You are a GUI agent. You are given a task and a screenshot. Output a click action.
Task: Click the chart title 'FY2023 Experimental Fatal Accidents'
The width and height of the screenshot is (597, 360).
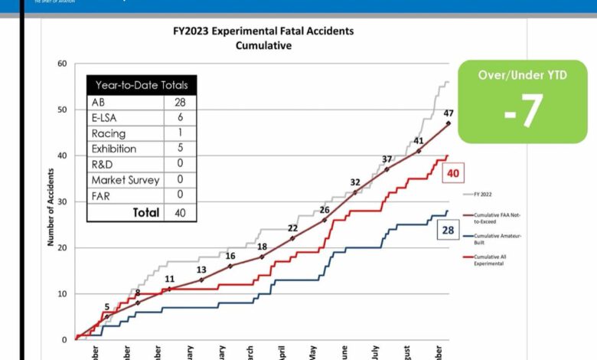(x=263, y=32)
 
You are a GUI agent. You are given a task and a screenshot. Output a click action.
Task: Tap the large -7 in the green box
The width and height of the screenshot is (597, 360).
(x=524, y=110)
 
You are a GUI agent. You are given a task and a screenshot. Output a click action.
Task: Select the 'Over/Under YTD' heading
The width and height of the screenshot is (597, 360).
(x=524, y=77)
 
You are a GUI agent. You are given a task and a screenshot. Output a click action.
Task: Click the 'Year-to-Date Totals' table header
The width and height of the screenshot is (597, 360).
(x=142, y=85)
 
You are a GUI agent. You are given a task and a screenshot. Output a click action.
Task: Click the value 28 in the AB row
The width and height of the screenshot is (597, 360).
(x=181, y=101)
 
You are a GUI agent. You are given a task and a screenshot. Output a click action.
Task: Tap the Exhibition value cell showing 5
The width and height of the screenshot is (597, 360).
(x=181, y=148)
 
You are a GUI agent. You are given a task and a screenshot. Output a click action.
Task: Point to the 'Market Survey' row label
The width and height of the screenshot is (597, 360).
(x=125, y=179)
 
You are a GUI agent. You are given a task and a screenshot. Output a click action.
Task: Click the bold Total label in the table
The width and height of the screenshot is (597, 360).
(x=145, y=212)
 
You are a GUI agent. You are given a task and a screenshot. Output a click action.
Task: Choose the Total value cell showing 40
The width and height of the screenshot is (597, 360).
(x=181, y=212)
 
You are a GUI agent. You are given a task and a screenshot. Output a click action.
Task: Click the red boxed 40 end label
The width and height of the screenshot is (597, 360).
(x=453, y=174)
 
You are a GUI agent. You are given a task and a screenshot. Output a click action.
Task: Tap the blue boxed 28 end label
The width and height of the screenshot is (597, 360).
(x=448, y=231)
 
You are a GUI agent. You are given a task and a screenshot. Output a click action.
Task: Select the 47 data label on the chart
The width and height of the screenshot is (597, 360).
(x=449, y=113)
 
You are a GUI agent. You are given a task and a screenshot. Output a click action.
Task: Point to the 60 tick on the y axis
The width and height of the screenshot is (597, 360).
(x=61, y=64)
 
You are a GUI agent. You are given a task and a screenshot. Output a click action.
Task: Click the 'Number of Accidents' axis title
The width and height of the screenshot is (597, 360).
(x=51, y=201)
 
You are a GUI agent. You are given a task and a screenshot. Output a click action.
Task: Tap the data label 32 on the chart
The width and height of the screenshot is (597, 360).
(x=355, y=182)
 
